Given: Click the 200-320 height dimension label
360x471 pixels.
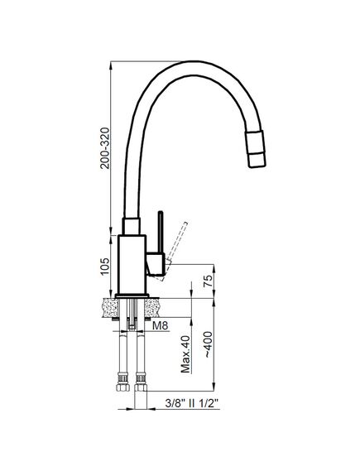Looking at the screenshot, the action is [x=105, y=148].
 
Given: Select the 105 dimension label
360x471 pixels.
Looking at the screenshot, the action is [x=105, y=267].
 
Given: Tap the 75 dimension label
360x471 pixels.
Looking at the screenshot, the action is [x=208, y=281].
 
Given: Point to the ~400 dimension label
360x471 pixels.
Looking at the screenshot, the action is [x=208, y=344].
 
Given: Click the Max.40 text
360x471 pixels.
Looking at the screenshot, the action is [x=186, y=354].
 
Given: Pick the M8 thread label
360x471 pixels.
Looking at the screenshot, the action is [x=161, y=325].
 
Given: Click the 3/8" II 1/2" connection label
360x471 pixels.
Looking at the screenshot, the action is [x=193, y=403].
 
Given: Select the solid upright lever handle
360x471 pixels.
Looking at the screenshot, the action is [x=161, y=233].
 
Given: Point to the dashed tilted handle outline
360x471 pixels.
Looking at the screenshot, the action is [x=175, y=251].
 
